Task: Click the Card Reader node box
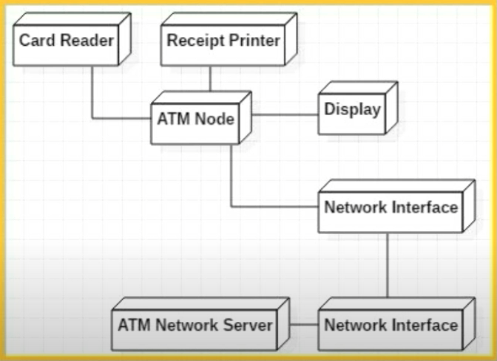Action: pos(67,41)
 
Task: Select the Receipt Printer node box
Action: pos(223,41)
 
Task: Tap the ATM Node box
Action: pos(195,119)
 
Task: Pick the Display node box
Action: pos(353,111)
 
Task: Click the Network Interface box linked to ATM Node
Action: pos(390,207)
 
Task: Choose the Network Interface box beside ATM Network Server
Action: pos(390,326)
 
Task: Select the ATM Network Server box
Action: pos(195,326)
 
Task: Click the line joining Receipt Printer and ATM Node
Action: pos(210,80)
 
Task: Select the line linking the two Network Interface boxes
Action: pos(388,266)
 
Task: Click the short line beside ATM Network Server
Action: pos(303,325)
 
